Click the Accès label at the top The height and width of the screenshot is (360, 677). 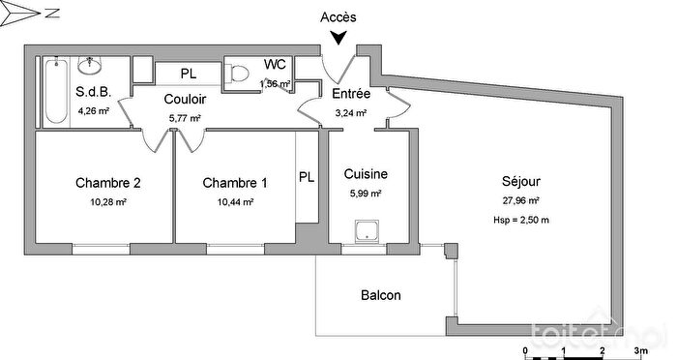click(338, 16)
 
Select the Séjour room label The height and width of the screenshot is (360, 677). click(520, 181)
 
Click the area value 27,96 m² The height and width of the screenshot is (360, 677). click(520, 201)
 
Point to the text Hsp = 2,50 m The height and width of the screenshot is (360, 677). click(520, 222)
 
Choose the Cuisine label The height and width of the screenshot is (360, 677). click(366, 174)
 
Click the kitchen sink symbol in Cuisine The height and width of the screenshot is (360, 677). click(368, 231)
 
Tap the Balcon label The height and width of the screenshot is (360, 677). click(380, 295)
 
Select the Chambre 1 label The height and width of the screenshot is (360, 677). click(235, 182)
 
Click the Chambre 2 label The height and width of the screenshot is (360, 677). click(108, 182)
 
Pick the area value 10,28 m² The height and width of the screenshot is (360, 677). click(108, 202)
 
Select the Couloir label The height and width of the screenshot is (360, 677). click(183, 99)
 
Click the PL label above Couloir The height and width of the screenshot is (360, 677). click(188, 73)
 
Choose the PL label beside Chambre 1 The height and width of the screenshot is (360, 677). click(307, 177)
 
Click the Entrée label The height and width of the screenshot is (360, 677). click(350, 94)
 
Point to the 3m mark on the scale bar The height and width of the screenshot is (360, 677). click(639, 351)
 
